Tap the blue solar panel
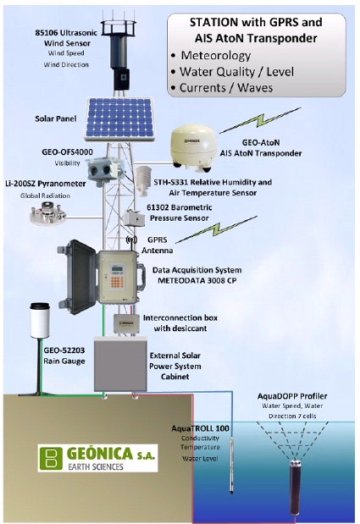click(x=119, y=119)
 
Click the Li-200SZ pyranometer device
click(x=47, y=212)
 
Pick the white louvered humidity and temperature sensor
click(x=144, y=180)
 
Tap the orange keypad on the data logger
click(x=117, y=281)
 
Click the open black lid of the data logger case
click(x=78, y=277)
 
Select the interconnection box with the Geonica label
click(x=126, y=323)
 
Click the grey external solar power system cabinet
click(x=120, y=364)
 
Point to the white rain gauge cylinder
click(x=40, y=320)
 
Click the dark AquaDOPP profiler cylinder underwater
click(x=294, y=488)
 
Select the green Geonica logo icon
click(x=51, y=458)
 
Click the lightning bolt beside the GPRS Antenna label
click(x=217, y=229)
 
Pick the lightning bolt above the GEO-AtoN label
click(x=261, y=120)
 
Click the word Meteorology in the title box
click(x=216, y=56)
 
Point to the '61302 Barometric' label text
click(x=180, y=207)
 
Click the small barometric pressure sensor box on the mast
click(x=134, y=218)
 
